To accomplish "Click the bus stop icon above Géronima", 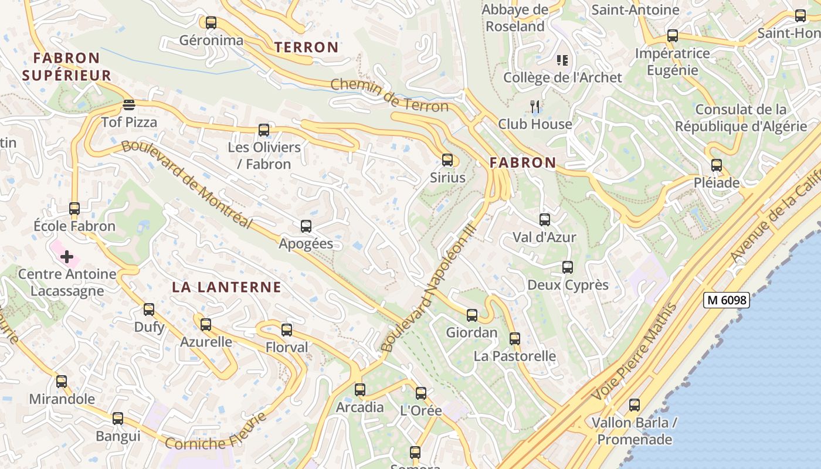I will click(x=211, y=23).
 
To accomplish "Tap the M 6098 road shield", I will click(x=727, y=300).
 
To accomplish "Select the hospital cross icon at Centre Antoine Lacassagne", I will click(x=67, y=256).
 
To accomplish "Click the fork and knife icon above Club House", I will click(x=535, y=106).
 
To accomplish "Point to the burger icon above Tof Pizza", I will click(x=129, y=105).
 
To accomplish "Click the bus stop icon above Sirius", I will click(x=447, y=159).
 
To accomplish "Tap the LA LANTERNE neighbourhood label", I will click(x=226, y=287).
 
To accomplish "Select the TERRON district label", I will click(x=306, y=47).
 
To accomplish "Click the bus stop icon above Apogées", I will click(x=306, y=226).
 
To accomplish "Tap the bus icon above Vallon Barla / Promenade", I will click(x=634, y=405).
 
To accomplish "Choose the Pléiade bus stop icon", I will click(x=716, y=165).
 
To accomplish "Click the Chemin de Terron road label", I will click(x=389, y=95).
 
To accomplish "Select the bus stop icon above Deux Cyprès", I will click(x=567, y=267).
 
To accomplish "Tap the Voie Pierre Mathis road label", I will click(x=636, y=351).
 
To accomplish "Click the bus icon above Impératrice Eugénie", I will click(x=672, y=36).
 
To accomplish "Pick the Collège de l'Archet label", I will click(x=562, y=77).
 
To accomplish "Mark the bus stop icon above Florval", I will click(x=286, y=330).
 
